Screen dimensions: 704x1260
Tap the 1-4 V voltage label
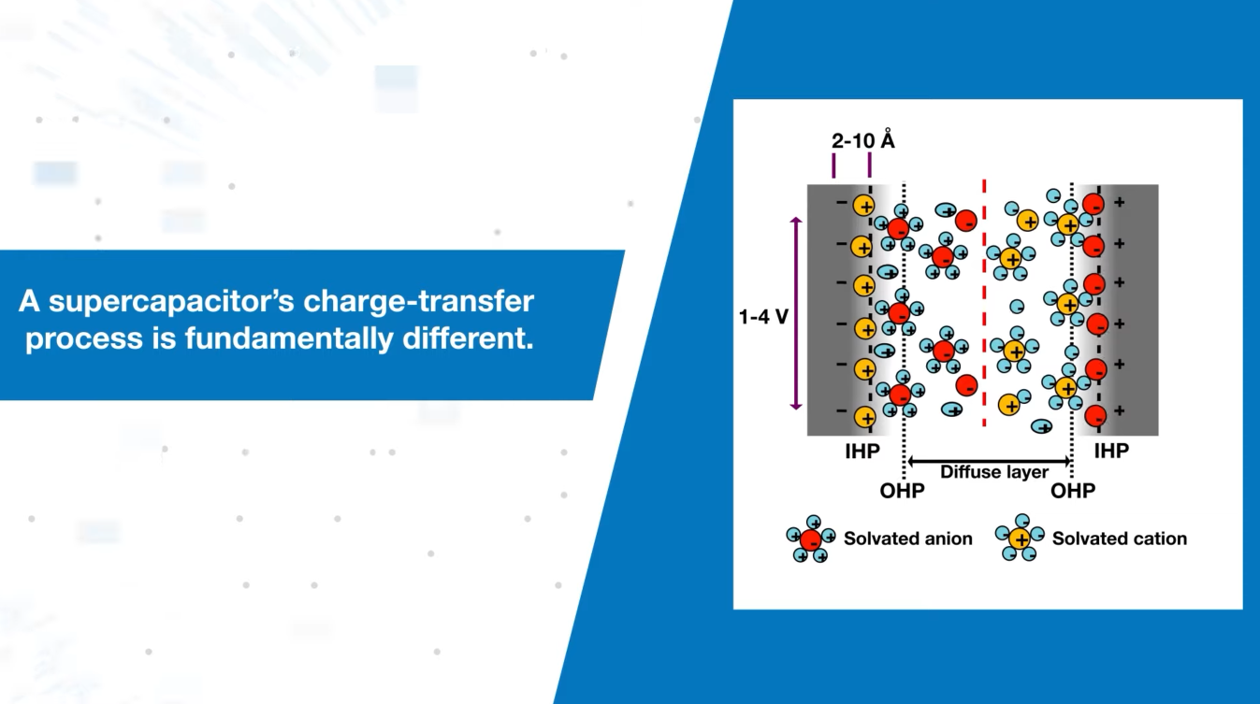coord(764,315)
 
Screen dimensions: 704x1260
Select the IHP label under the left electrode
coord(861,452)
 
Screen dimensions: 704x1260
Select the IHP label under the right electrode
coord(1111,452)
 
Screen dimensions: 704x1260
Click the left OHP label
coord(902,491)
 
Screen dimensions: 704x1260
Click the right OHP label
coord(1072,491)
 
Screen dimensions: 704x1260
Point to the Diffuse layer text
coord(994,472)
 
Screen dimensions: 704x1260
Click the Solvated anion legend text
coord(907,539)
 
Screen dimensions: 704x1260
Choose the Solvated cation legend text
coord(1119,539)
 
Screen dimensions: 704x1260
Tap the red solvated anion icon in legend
coord(810,539)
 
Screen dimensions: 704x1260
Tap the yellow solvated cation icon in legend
coord(1020,539)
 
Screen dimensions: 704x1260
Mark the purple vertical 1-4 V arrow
coord(796,313)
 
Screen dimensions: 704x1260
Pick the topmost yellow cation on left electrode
coord(866,205)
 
